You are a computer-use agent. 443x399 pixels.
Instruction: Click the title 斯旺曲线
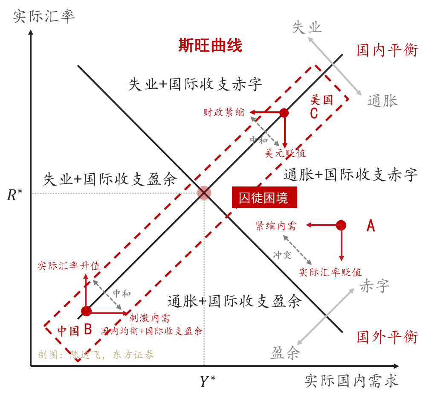coord(210,45)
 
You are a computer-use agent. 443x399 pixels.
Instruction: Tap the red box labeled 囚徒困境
coord(264,198)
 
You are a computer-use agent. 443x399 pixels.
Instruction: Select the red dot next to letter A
coord(341,225)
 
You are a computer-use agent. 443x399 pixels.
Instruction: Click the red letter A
coord(371,226)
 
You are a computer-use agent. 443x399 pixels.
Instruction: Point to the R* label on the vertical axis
coord(14,195)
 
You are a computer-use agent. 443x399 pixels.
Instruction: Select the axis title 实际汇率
coord(44,16)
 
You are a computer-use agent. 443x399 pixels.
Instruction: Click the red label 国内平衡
coord(388,50)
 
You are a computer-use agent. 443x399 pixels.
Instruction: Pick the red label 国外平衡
coord(388,337)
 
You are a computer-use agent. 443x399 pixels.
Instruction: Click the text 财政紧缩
coord(224,112)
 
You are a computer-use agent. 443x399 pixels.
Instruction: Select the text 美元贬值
coord(285,153)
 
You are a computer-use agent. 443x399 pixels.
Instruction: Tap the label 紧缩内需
coord(275,226)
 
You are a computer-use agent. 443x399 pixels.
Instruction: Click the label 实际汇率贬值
coord(330,272)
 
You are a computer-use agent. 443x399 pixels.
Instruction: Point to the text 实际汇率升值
coord(69,266)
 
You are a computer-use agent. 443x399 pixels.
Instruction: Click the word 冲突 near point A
coord(282,255)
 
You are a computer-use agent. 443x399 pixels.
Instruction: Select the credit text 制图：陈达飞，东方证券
coord(96,355)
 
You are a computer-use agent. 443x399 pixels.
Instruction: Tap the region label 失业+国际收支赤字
coord(195,84)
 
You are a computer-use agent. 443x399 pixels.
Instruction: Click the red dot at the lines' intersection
coord(204,193)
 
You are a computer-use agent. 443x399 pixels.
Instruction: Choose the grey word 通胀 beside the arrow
coord(382,101)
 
